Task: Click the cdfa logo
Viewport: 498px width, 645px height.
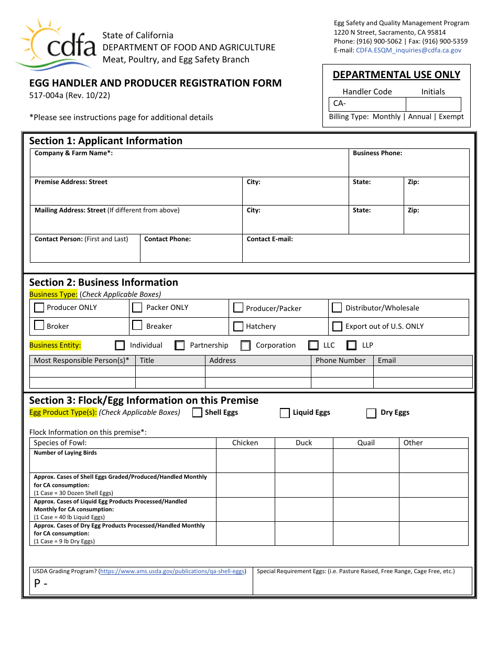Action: (57, 44)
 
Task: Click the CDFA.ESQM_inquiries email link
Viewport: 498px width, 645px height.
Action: (408, 50)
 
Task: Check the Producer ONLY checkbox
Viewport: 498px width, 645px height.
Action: (39, 307)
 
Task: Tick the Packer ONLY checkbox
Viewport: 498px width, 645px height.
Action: (137, 307)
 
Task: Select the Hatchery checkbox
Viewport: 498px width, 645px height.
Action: (238, 326)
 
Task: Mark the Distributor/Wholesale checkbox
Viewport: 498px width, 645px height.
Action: (337, 307)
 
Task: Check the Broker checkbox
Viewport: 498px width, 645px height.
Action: (39, 326)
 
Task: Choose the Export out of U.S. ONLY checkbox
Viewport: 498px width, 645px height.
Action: (337, 326)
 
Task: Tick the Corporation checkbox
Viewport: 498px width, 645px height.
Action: (245, 346)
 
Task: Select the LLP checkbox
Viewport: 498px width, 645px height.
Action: (352, 345)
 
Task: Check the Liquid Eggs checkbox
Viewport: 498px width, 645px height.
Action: (285, 413)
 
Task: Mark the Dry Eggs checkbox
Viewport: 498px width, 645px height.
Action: (371, 413)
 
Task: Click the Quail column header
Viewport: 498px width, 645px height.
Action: (366, 443)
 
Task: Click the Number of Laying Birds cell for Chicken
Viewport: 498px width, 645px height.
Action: (245, 460)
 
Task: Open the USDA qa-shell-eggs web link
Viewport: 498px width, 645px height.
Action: (172, 572)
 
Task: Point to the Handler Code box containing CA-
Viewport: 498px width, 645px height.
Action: (367, 104)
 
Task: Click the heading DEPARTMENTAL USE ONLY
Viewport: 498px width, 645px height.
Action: (396, 75)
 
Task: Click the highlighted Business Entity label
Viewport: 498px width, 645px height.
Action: (55, 346)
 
